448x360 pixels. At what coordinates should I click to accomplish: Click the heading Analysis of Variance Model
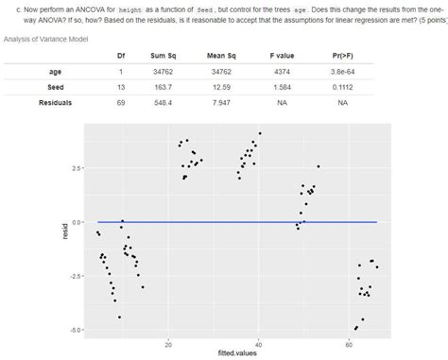pos(46,39)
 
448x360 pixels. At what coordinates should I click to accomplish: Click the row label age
pos(56,72)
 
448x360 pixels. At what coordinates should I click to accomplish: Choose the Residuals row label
pos(56,102)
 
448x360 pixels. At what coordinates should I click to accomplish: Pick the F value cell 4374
pos(282,72)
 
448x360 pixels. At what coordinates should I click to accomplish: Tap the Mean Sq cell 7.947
pos(222,102)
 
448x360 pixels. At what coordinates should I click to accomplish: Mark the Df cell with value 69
pos(121,102)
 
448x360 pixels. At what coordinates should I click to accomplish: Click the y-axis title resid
pos(65,230)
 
